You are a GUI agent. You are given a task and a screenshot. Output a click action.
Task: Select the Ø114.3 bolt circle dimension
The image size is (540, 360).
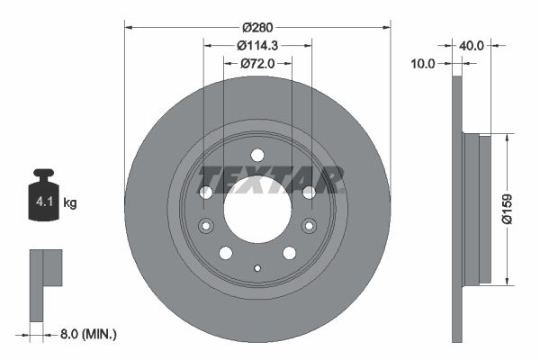[x=256, y=45]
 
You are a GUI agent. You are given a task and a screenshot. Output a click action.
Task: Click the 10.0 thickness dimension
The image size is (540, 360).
[x=422, y=64]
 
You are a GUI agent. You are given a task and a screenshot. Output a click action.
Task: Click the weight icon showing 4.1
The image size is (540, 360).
[x=43, y=195]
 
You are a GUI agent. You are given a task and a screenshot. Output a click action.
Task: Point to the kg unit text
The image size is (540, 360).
[x=70, y=203]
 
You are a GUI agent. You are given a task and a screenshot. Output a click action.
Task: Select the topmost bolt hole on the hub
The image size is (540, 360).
[x=256, y=155]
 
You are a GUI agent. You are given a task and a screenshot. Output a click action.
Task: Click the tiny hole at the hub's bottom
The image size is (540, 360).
[x=256, y=267]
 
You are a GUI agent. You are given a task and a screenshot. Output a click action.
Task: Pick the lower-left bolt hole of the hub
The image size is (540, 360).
[x=225, y=253]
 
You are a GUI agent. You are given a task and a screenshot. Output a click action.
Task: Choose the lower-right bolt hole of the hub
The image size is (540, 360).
[x=289, y=253]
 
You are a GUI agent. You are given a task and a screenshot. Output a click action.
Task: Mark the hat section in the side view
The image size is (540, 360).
[x=477, y=207]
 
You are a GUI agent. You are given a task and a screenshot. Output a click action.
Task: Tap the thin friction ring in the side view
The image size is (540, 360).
[x=455, y=207]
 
